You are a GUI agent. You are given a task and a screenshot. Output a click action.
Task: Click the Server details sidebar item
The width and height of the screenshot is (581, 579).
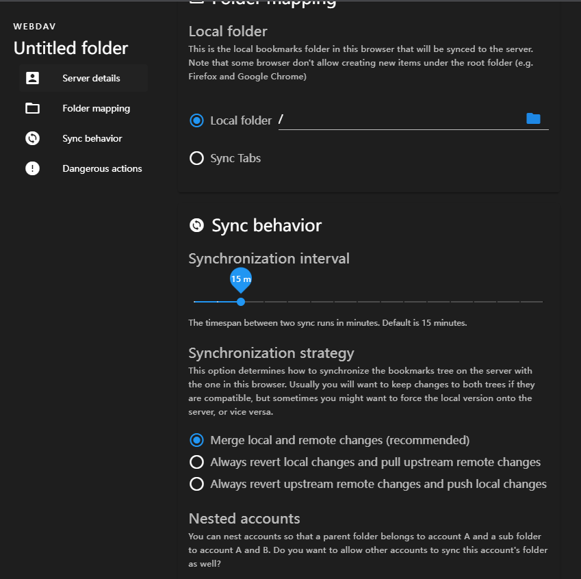(x=91, y=78)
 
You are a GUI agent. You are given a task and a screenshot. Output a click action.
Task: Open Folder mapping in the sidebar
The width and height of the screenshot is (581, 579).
(x=96, y=108)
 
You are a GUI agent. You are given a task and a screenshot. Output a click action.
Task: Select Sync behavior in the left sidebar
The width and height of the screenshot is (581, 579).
(x=92, y=138)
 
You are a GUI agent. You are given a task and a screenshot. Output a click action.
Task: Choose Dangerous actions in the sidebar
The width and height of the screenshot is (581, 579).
(x=102, y=168)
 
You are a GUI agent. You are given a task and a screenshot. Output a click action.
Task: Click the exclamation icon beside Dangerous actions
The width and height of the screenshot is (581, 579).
(x=32, y=168)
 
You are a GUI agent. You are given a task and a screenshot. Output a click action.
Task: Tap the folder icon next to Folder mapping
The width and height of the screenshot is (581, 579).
(x=32, y=108)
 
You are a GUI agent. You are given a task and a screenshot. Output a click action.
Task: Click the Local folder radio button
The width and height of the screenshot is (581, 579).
(x=197, y=120)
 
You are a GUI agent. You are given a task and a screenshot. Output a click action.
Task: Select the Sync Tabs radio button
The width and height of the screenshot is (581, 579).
(x=197, y=158)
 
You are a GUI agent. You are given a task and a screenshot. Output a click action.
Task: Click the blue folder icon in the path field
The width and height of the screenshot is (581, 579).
(x=533, y=119)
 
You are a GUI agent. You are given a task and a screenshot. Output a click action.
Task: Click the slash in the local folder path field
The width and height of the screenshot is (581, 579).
(x=281, y=120)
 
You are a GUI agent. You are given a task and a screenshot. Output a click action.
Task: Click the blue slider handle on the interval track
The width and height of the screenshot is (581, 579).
(x=241, y=301)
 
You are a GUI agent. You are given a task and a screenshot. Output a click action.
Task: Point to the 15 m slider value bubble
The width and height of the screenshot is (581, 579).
(x=241, y=279)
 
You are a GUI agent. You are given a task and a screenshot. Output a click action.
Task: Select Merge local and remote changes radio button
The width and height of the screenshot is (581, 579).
(x=197, y=440)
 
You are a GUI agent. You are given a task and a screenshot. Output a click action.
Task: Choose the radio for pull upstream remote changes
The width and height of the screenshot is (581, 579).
(x=197, y=462)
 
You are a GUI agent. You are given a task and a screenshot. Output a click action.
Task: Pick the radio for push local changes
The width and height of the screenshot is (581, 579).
(x=197, y=484)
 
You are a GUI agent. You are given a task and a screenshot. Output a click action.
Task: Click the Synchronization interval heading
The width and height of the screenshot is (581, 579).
(x=269, y=259)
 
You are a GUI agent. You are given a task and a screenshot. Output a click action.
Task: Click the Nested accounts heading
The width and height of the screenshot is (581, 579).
(x=244, y=518)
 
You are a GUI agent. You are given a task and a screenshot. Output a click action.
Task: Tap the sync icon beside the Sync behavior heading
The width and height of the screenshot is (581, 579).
(x=196, y=225)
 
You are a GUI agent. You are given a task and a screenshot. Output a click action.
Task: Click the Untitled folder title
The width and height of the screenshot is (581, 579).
(x=71, y=49)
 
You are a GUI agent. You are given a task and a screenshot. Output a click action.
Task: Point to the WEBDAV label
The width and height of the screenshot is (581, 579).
(x=34, y=27)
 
